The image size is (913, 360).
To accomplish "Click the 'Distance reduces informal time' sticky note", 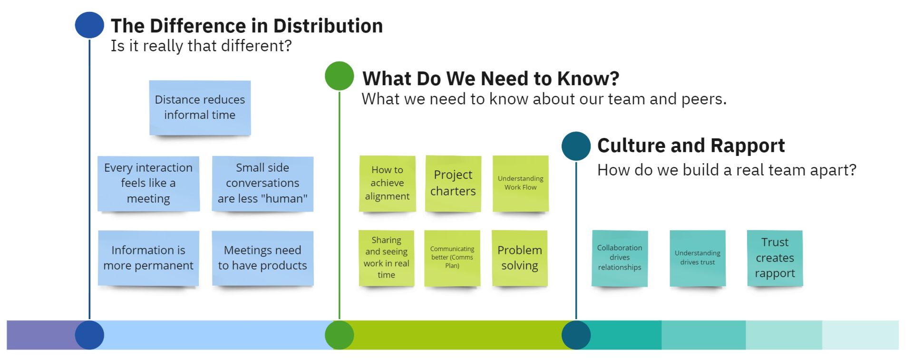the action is point(200,108).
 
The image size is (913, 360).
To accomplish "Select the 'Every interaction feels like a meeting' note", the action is point(148,184).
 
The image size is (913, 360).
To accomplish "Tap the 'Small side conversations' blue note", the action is point(262,184).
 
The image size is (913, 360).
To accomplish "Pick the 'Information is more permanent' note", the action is point(148,258).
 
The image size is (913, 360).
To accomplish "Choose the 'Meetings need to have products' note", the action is point(262,258).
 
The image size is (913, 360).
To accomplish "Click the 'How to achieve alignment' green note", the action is point(387,184).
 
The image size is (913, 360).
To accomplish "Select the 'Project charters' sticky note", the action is point(453,184).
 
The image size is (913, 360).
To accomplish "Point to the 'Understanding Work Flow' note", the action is point(521,184).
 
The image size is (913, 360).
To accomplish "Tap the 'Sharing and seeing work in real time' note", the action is point(387,258).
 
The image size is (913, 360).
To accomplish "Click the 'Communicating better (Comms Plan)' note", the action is point(452,258).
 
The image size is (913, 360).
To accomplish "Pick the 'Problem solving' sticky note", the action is point(520,258).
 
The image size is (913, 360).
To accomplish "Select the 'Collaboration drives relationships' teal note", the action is point(620,258).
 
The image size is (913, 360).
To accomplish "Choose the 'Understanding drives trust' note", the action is point(698,258).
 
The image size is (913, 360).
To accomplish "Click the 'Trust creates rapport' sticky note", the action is point(775,258).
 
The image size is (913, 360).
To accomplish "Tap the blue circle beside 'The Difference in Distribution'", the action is point(89,25).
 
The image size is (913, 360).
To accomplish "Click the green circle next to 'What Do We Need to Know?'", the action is point(340,76).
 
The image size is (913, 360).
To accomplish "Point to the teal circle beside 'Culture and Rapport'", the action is point(576,146).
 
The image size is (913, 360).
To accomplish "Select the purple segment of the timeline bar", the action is point(43,335).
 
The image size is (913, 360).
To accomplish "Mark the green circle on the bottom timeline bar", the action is point(340,335).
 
